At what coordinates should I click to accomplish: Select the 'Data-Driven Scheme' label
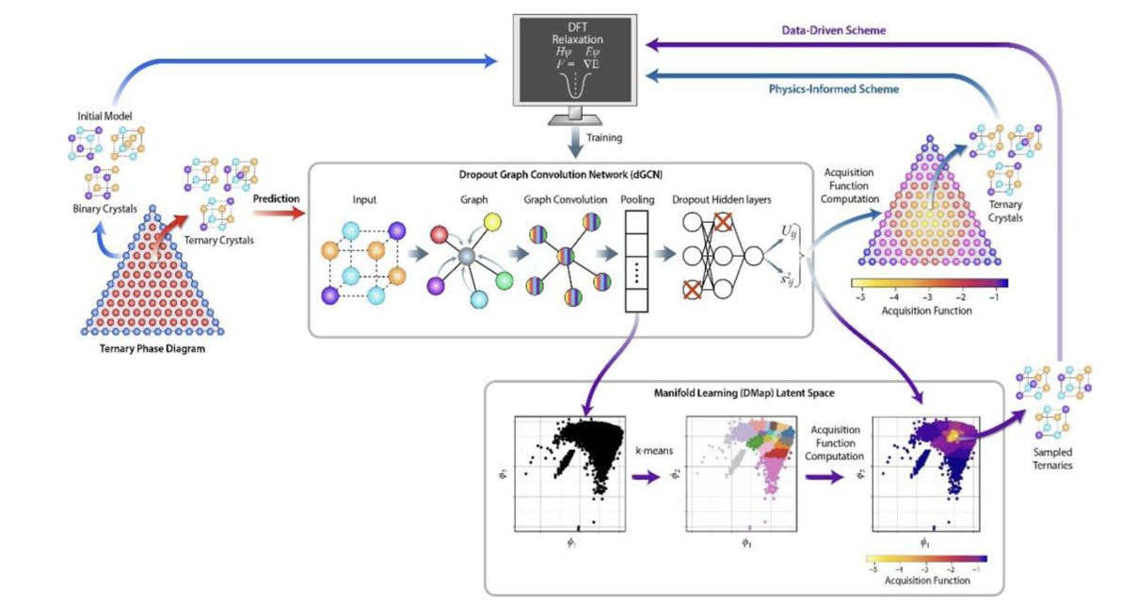tap(833, 30)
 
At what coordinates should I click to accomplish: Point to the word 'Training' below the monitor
tap(603, 137)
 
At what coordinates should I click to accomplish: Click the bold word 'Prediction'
tap(275, 199)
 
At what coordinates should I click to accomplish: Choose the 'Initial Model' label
tap(104, 116)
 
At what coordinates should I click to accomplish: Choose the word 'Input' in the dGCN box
tap(363, 199)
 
